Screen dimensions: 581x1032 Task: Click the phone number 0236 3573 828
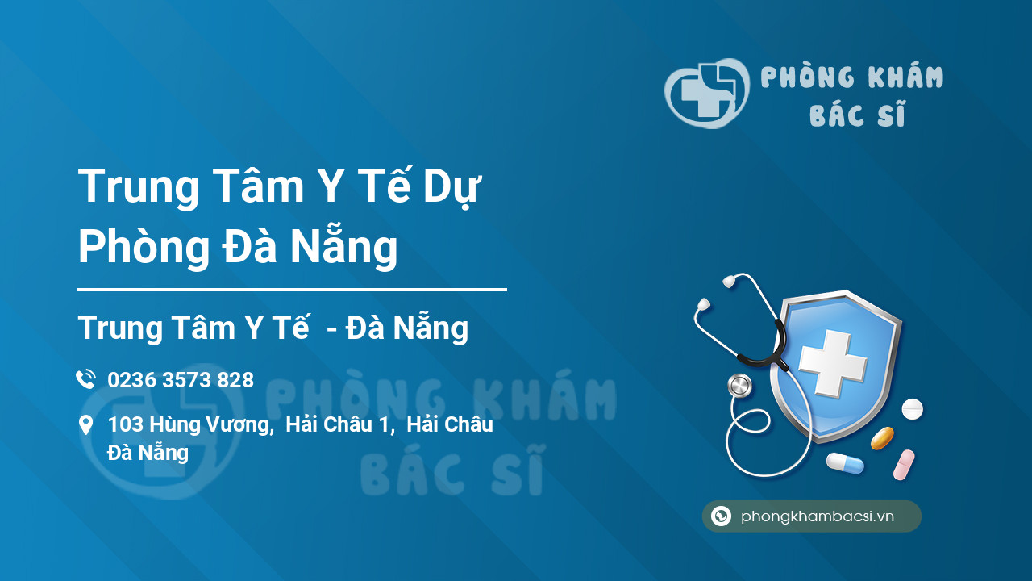point(181,380)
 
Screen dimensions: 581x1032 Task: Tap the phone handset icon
point(85,379)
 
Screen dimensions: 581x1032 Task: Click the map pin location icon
point(85,425)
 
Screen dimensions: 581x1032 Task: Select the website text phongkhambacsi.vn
point(818,516)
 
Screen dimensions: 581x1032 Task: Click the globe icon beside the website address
point(721,516)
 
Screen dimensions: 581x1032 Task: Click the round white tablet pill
point(912,409)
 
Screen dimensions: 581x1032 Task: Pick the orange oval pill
point(882,438)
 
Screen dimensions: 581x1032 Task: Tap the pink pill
point(904,465)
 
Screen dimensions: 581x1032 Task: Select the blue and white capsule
point(844,463)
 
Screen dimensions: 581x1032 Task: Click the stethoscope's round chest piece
point(739,386)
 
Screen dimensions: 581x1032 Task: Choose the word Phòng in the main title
point(144,248)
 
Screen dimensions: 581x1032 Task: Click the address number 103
point(125,425)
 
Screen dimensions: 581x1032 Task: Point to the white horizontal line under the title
point(292,289)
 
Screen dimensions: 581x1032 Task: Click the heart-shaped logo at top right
point(706,93)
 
